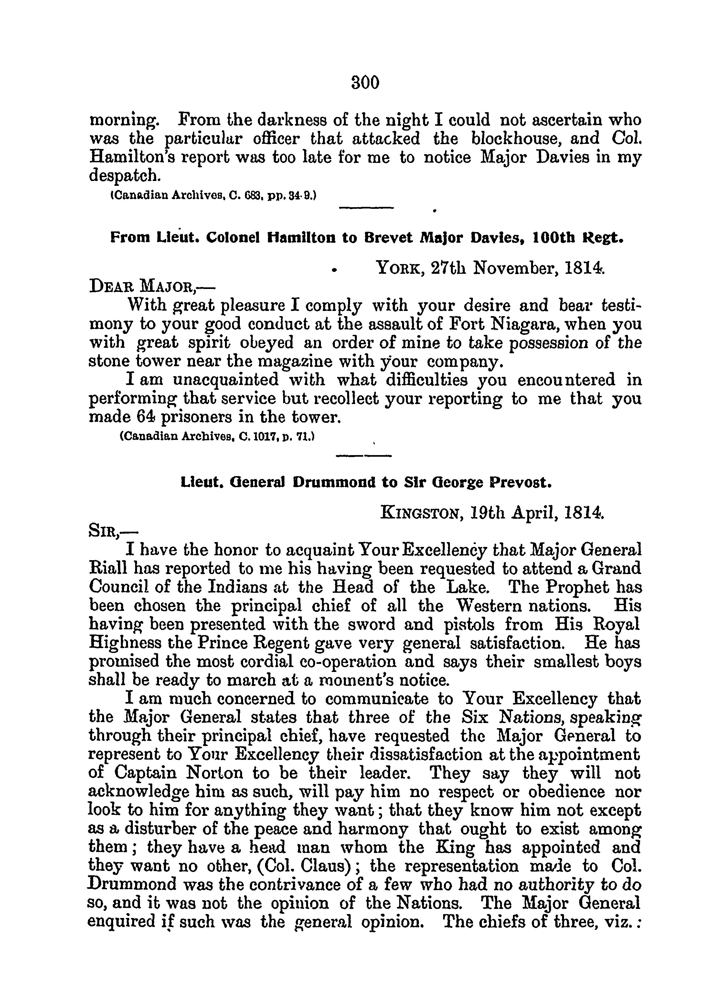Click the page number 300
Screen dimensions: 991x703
[x=365, y=82]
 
